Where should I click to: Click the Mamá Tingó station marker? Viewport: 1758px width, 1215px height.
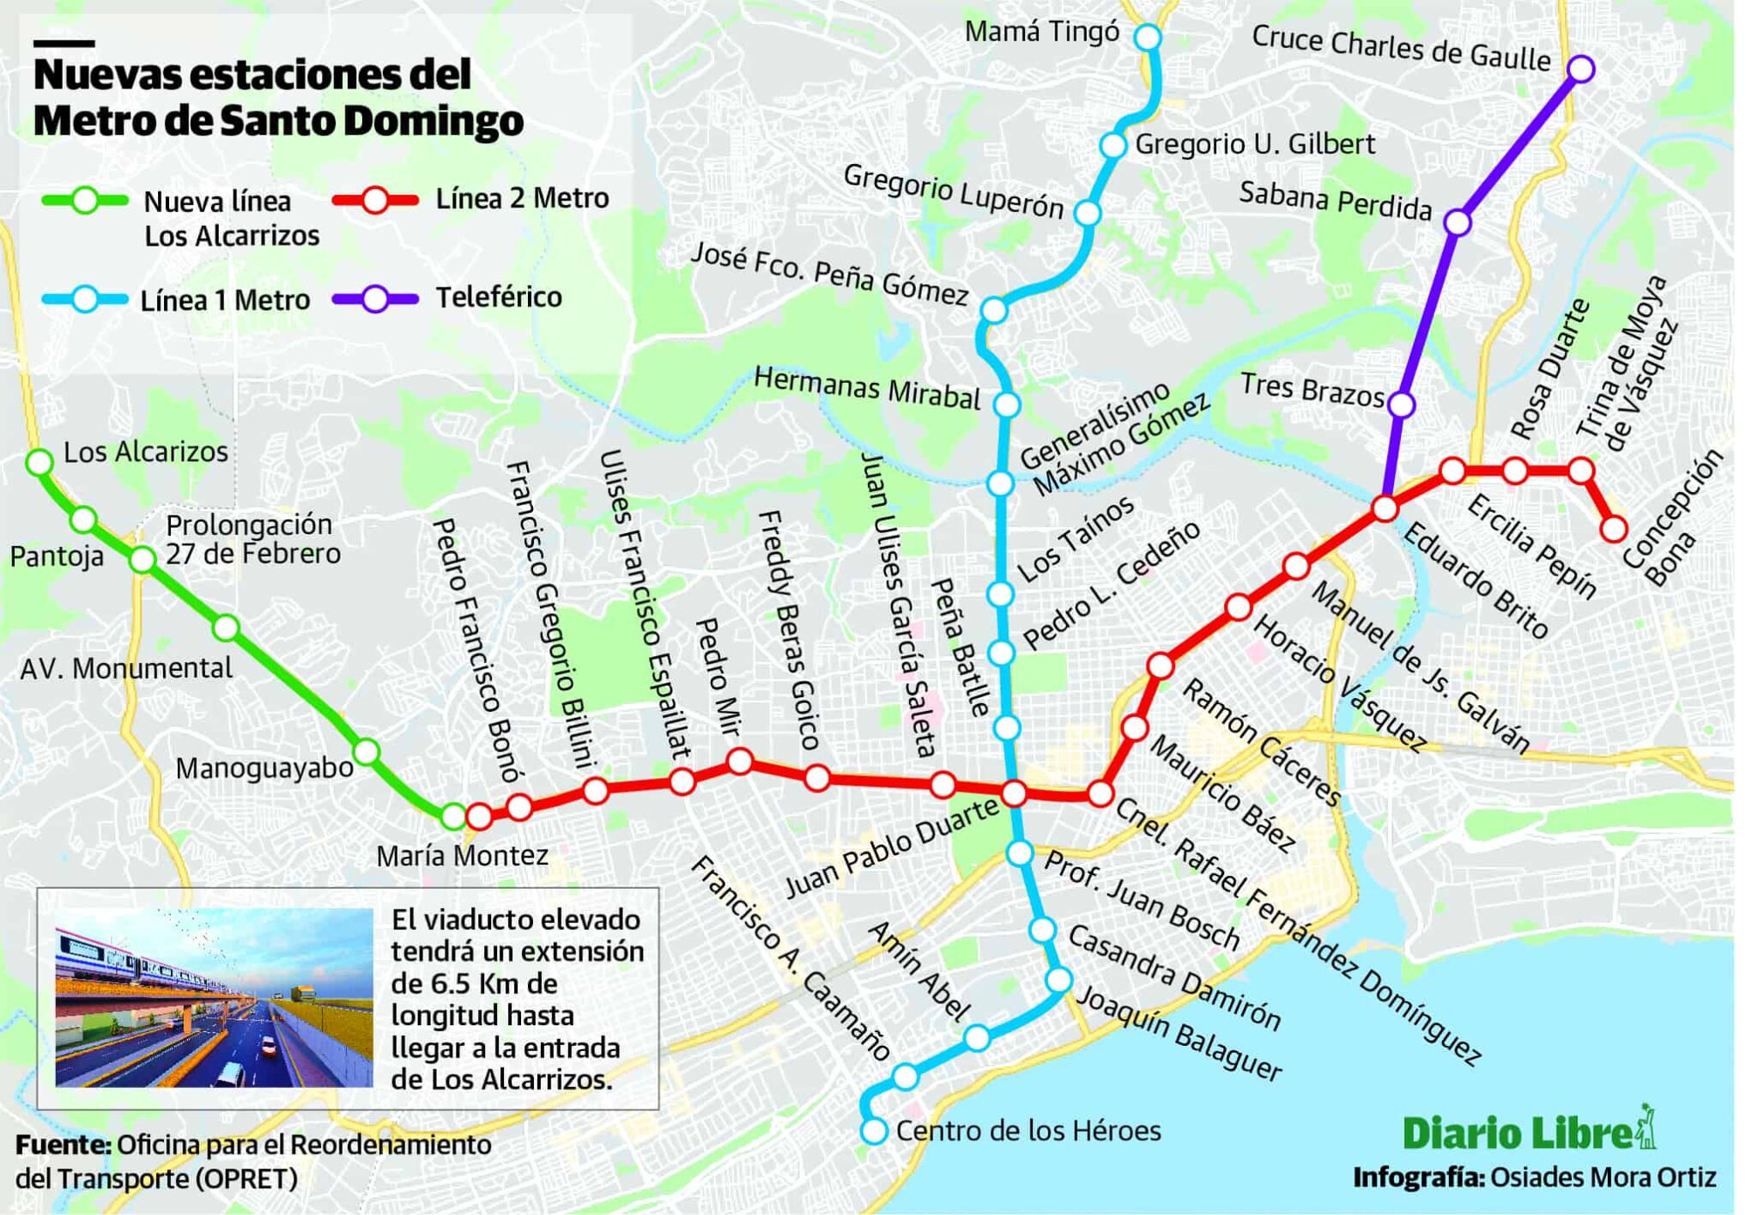point(1147,37)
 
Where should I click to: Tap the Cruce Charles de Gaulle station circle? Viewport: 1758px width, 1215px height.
point(1580,69)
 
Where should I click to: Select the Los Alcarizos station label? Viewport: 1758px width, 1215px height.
point(146,452)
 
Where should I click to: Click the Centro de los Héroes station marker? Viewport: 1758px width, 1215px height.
point(874,1131)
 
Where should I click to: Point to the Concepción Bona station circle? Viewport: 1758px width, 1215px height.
point(1614,529)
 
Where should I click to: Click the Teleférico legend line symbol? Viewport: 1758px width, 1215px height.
point(375,299)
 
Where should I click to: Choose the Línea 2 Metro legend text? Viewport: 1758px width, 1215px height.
point(522,198)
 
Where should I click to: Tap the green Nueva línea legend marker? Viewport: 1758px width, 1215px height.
point(84,201)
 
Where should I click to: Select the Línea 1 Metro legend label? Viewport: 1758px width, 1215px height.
point(225,301)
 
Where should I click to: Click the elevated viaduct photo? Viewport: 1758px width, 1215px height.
point(214,998)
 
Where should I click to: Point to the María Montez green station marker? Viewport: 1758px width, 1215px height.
point(453,817)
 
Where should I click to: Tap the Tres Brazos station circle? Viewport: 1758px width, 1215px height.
point(1401,404)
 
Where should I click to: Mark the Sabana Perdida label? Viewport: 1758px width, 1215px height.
point(1335,201)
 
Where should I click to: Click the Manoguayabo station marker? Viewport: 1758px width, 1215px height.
point(367,752)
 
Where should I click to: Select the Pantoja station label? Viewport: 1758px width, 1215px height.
point(57,556)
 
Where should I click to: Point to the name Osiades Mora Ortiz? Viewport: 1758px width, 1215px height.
point(1603,1177)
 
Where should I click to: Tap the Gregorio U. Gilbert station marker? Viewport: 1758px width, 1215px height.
point(1112,145)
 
